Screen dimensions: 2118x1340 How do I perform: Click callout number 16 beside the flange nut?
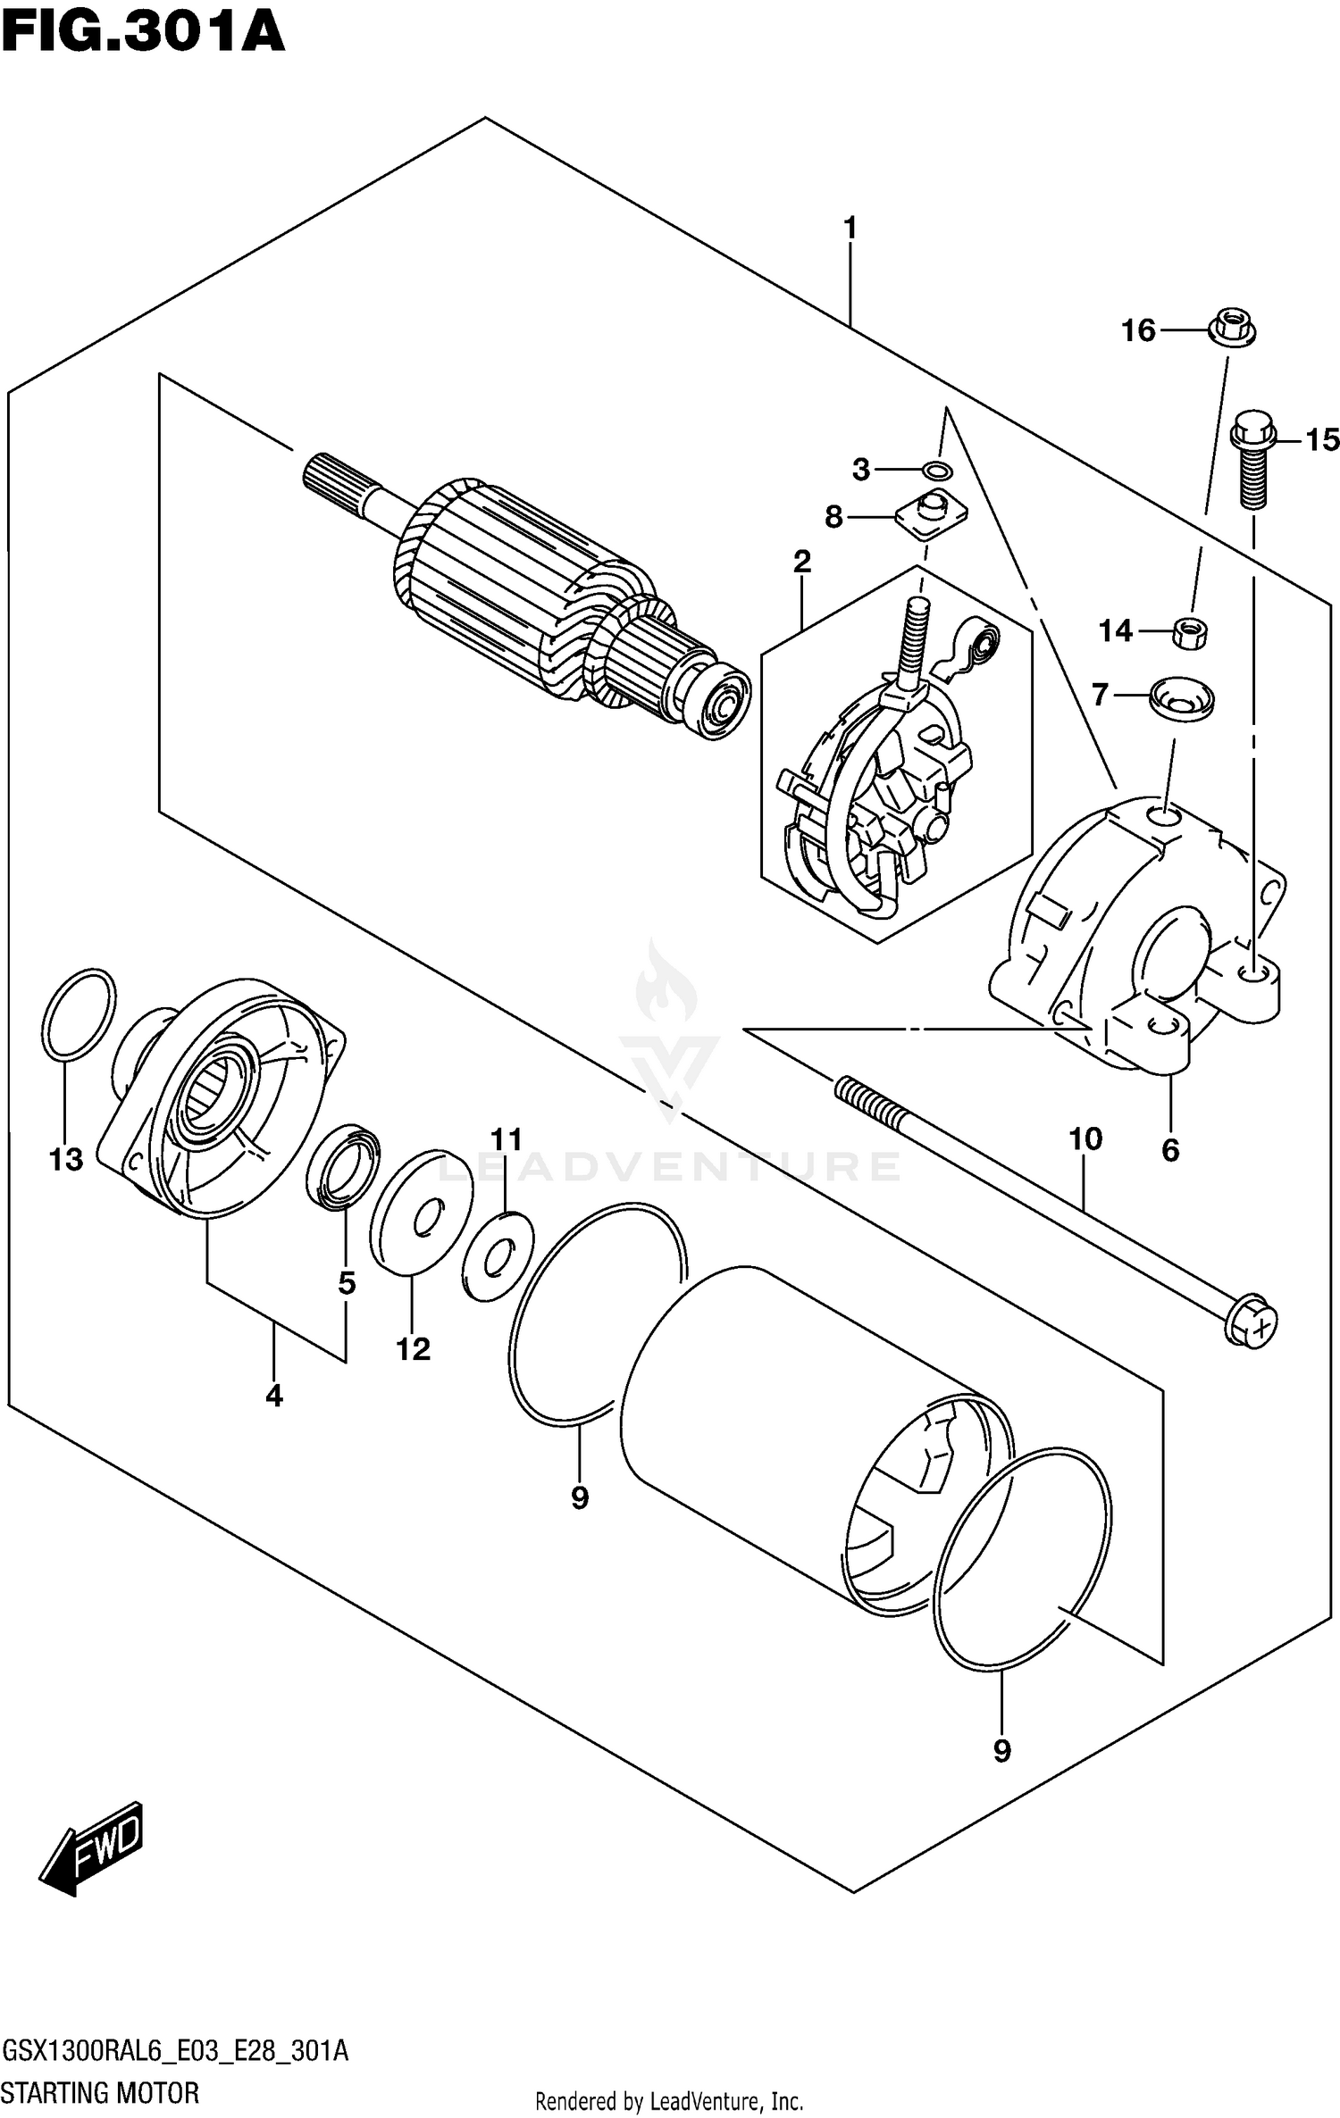[1138, 331]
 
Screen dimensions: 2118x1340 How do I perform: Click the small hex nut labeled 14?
[1191, 632]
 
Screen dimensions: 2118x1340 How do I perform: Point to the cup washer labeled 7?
[1181, 696]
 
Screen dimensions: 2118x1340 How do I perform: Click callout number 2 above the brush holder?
[801, 562]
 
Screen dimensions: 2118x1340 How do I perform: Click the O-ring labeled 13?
[79, 1014]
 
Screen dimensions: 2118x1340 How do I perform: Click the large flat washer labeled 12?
[420, 1211]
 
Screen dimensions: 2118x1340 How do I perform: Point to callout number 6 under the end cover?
[1170, 1149]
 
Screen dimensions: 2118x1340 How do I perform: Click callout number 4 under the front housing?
[273, 1395]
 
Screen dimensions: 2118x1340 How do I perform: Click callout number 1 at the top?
[850, 229]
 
